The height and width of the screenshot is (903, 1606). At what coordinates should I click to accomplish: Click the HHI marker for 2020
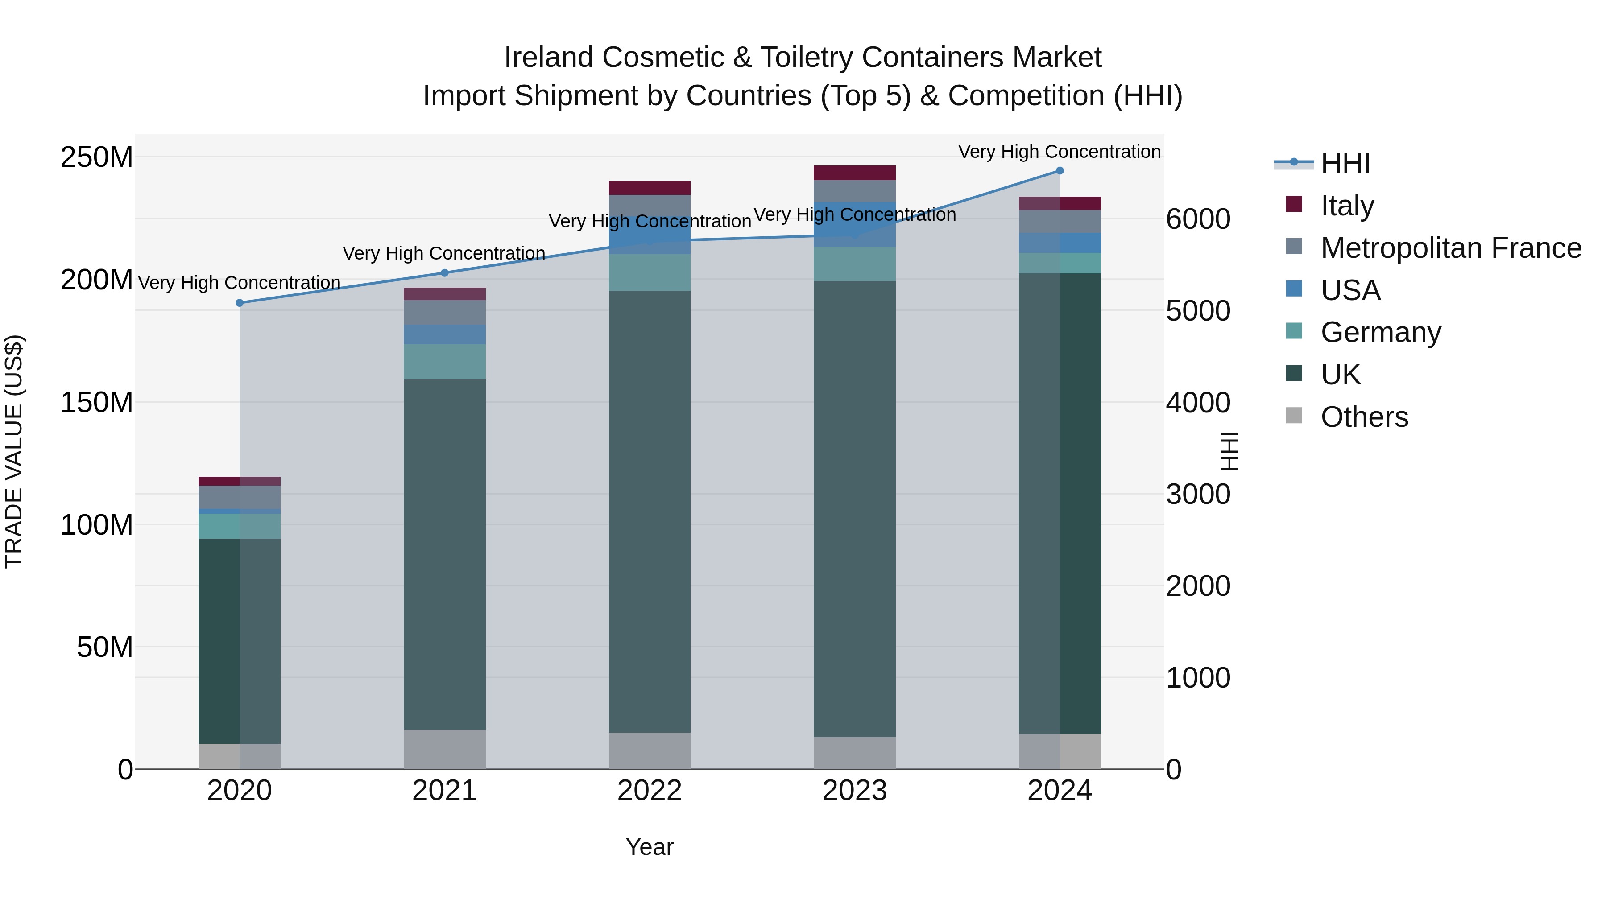coord(240,303)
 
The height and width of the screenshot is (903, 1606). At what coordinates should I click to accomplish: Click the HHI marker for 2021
coord(444,273)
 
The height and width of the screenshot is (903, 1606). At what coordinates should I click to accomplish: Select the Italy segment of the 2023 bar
coord(854,173)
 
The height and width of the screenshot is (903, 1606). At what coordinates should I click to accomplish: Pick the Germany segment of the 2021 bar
coord(444,362)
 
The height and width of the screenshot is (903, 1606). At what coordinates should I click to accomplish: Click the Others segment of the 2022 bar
coord(649,750)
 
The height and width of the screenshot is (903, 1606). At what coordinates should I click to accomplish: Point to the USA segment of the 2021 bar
coord(444,334)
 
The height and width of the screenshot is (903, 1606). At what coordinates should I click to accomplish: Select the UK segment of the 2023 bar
coord(854,508)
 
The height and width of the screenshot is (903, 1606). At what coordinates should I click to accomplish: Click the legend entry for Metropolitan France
coord(1450,248)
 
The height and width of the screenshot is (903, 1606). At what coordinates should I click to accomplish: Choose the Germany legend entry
coord(1380,332)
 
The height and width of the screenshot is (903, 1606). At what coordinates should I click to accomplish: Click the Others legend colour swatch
coord(1294,416)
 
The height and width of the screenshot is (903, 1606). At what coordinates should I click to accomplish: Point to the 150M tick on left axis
coord(97,402)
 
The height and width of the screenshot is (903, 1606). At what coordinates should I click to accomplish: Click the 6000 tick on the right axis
coord(1198,219)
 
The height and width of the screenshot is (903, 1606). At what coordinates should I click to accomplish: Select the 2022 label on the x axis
coord(649,791)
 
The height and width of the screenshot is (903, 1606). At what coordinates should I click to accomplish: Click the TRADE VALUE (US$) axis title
coord(14,451)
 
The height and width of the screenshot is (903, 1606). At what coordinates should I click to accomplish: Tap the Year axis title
coord(649,847)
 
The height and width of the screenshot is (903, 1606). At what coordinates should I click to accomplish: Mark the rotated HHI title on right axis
coord(1229,451)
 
